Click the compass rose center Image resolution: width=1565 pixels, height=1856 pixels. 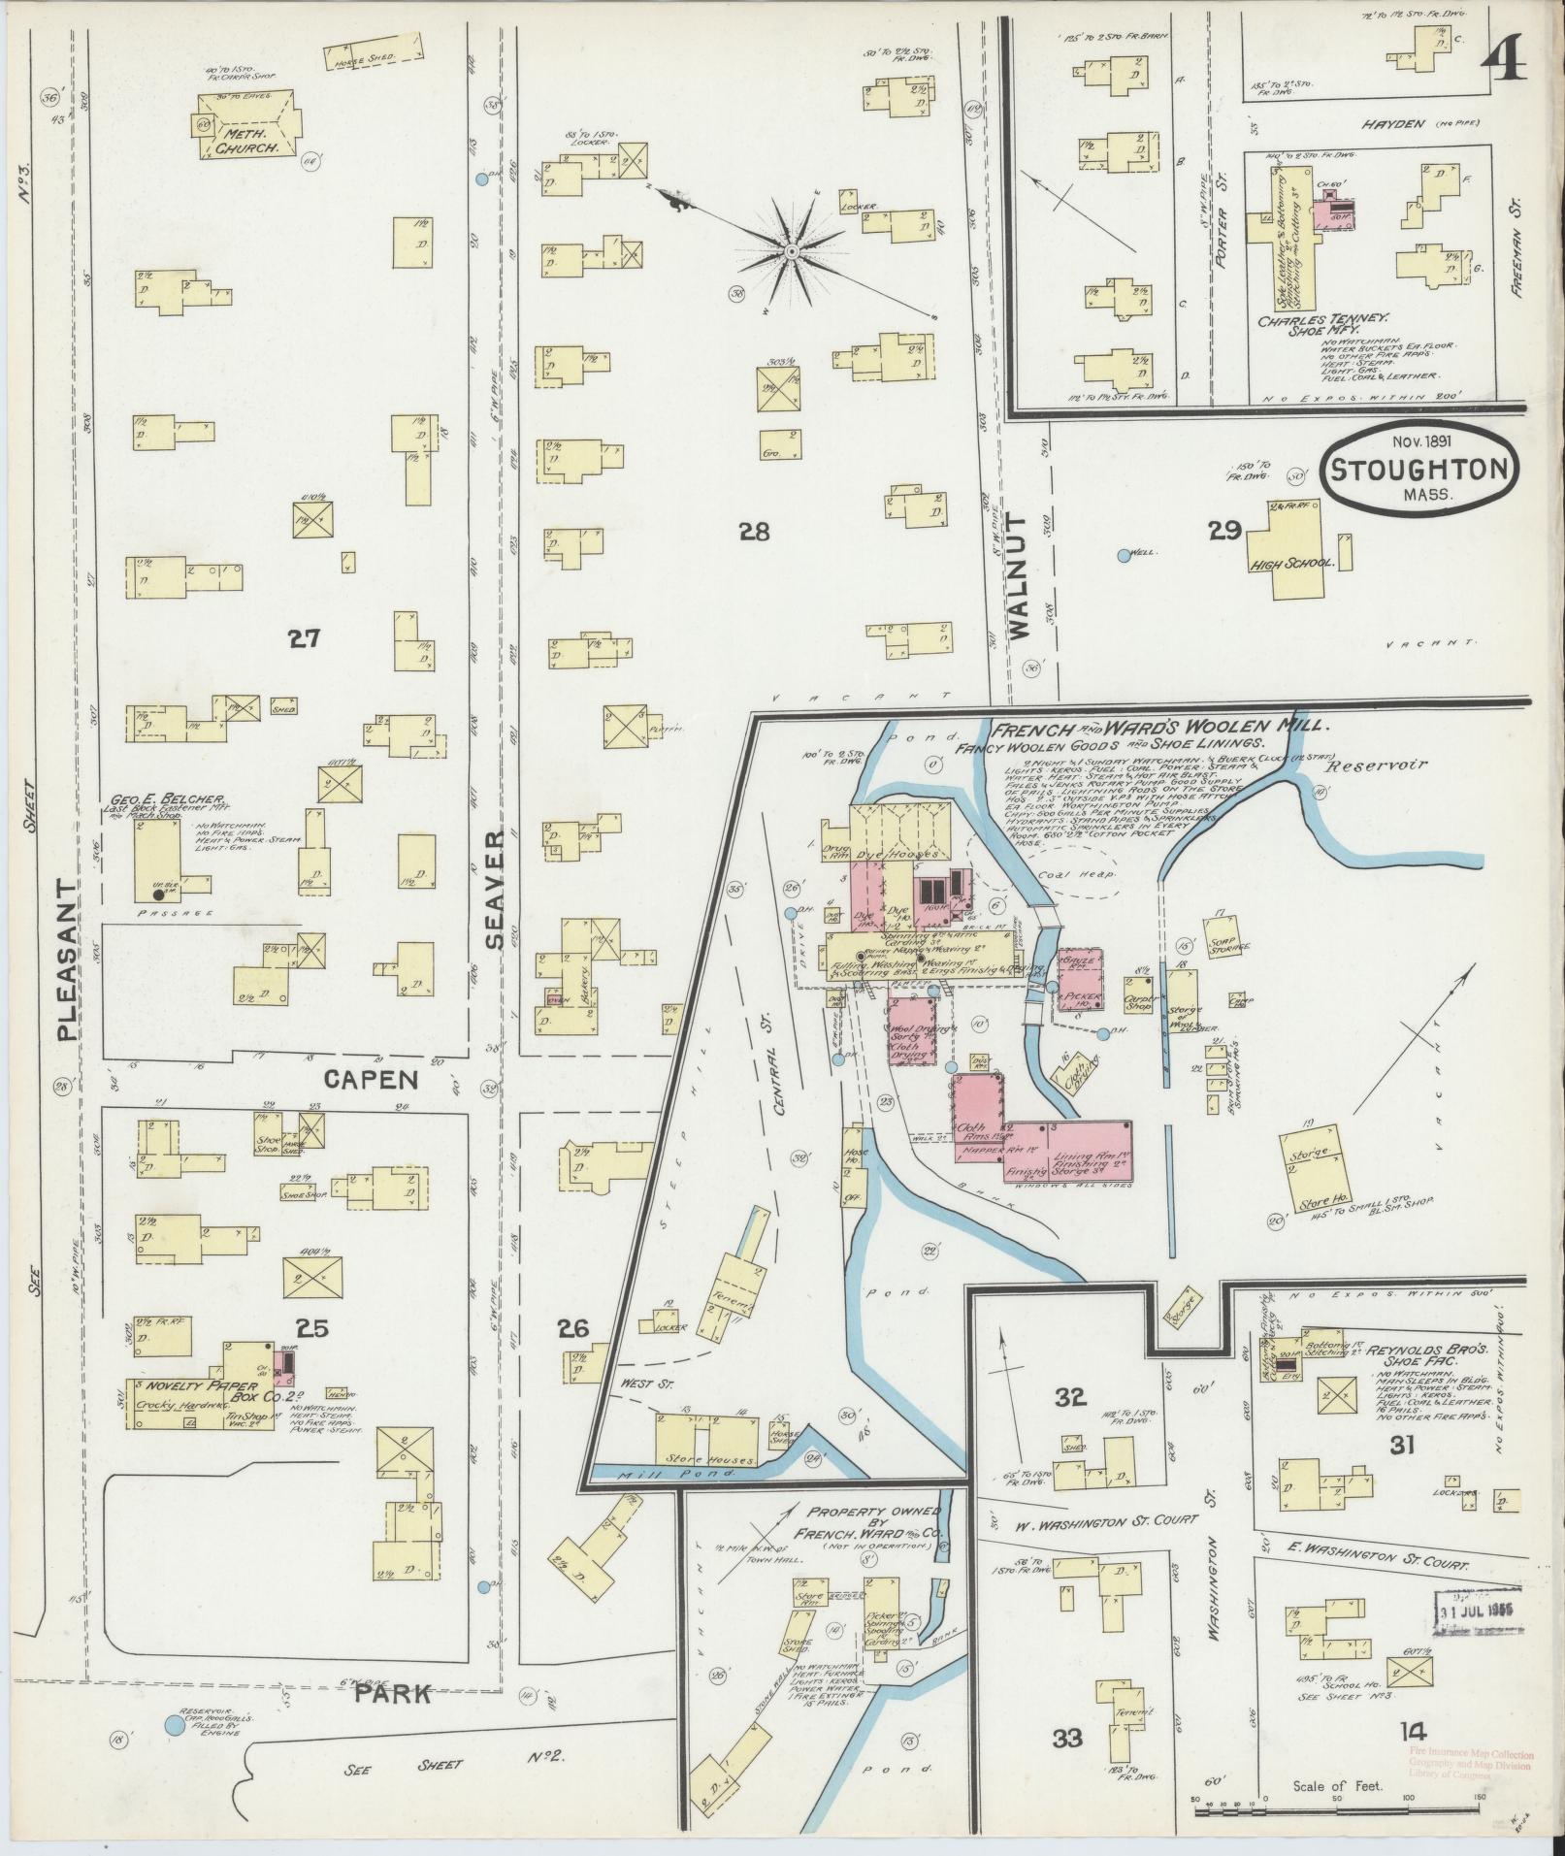pyautogui.click(x=792, y=252)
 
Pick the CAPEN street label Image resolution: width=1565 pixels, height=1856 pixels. pyautogui.click(x=372, y=1079)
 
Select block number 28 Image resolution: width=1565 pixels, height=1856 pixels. pyautogui.click(x=754, y=531)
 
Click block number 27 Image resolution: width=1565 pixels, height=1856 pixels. pyautogui.click(x=304, y=638)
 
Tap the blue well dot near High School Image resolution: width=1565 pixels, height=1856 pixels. pyautogui.click(x=1124, y=556)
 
